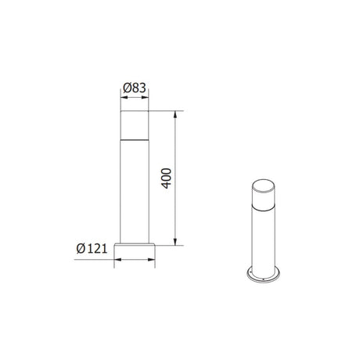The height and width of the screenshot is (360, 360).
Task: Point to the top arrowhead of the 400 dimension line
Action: coord(175,114)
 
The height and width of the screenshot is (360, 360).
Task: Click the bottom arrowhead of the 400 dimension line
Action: coord(175,242)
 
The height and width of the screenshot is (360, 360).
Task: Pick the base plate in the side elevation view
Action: coord(136,251)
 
